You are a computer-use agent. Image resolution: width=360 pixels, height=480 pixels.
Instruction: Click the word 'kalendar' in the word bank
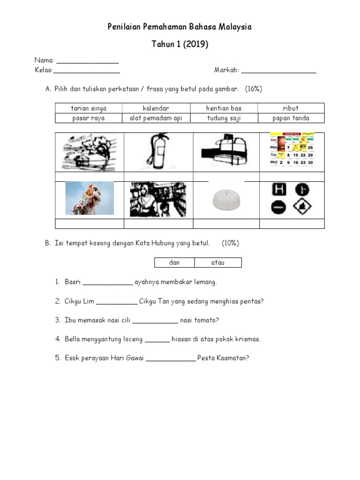point(156,108)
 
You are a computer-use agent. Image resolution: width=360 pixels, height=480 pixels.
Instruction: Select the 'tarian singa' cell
point(89,108)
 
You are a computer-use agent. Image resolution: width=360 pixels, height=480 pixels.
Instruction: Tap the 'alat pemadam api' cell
point(156,118)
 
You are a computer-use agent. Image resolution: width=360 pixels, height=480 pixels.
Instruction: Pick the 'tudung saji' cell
point(224,118)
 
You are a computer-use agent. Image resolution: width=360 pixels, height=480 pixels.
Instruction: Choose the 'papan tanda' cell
point(291,118)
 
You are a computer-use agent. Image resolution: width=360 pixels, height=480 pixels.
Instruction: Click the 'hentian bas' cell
point(224,108)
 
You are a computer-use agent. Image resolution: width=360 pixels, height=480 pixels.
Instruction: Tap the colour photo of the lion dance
point(90,198)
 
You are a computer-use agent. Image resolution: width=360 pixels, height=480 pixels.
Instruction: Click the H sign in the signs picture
point(279,190)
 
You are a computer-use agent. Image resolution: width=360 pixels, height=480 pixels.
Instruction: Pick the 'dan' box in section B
point(174,262)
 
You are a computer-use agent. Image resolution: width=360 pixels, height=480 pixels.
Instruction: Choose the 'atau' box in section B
point(218,262)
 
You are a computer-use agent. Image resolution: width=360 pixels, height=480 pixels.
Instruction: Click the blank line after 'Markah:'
point(278,71)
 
